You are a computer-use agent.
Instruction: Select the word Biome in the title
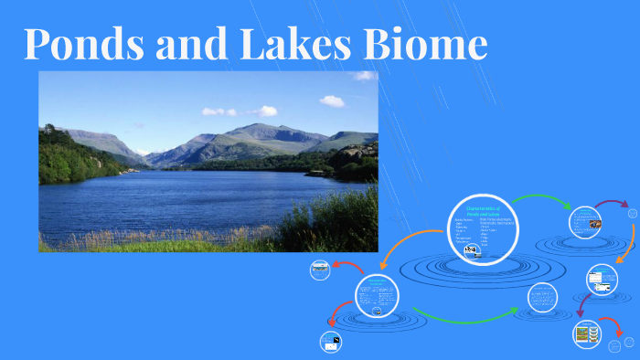[x=430, y=44]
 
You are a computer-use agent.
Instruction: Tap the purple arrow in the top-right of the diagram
[x=612, y=204]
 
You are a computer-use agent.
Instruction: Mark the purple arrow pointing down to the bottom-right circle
[x=580, y=304]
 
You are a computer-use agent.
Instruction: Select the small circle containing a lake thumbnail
[x=320, y=270]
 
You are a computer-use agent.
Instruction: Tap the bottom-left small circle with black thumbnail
[x=329, y=343]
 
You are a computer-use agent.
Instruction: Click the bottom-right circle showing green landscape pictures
[x=585, y=334]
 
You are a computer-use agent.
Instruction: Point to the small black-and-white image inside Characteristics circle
[x=470, y=249]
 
